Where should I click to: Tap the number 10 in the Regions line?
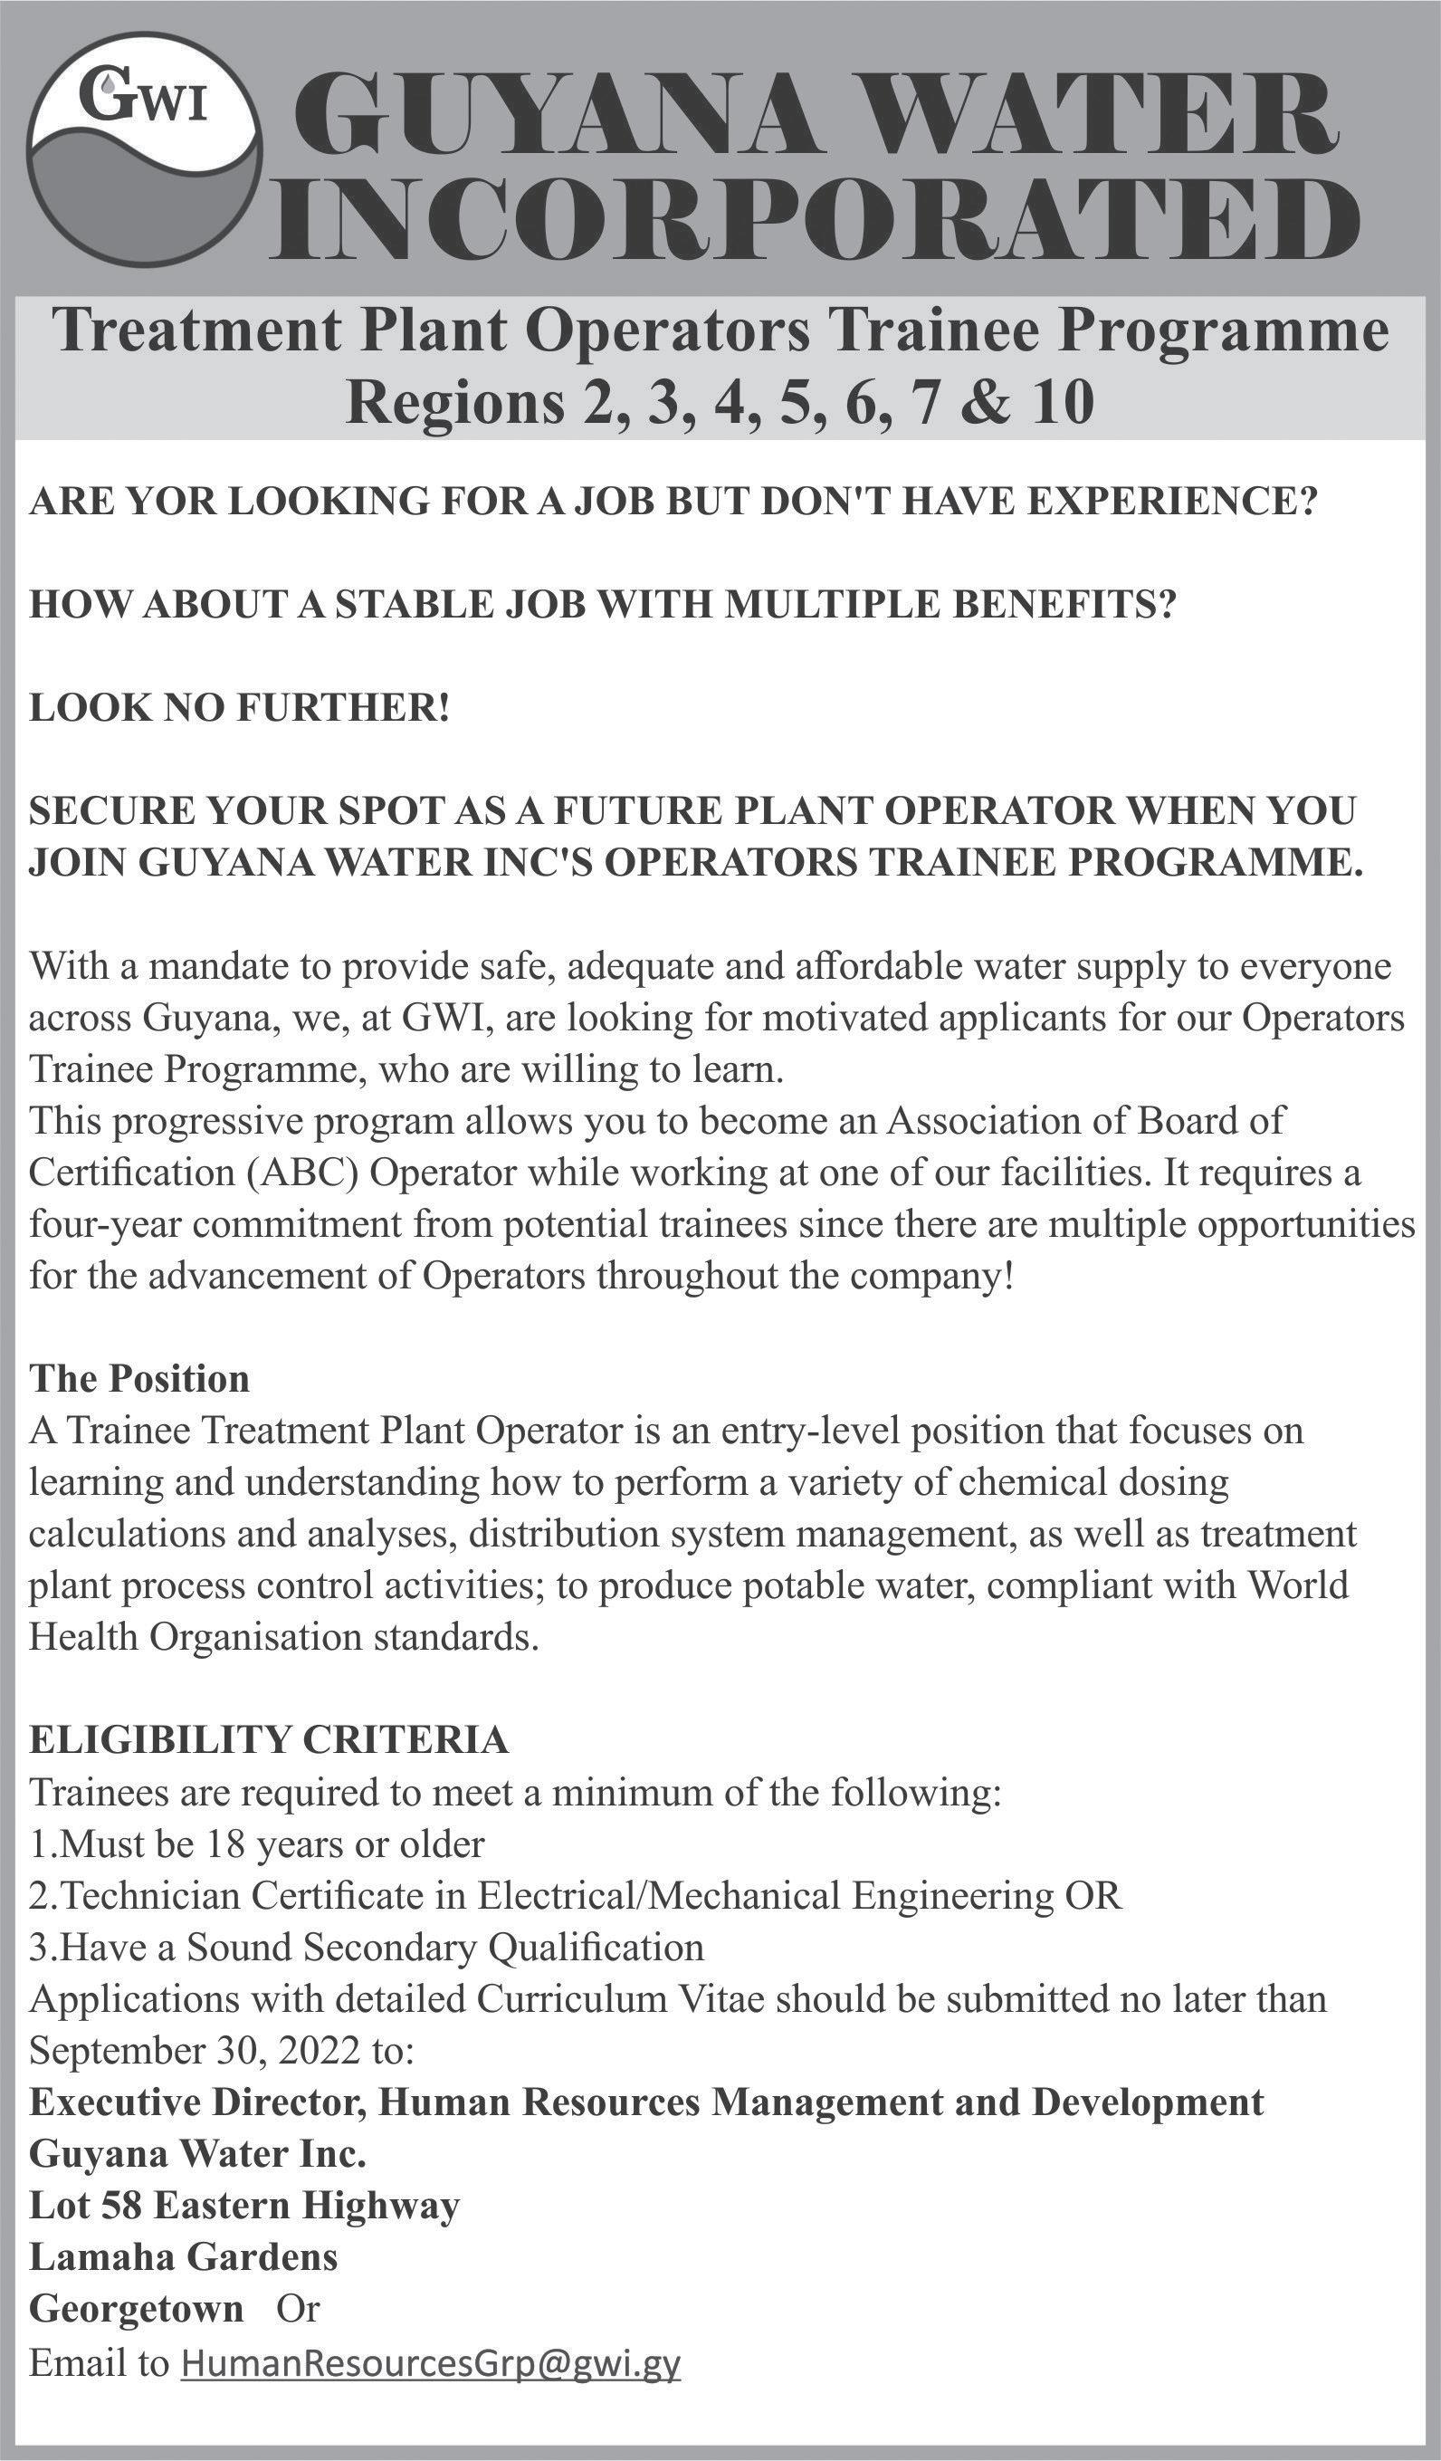pyautogui.click(x=1063, y=402)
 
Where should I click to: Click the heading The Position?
pyautogui.click(x=139, y=1378)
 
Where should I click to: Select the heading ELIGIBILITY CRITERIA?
pyautogui.click(x=269, y=1739)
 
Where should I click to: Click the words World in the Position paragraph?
pyautogui.click(x=1299, y=1584)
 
